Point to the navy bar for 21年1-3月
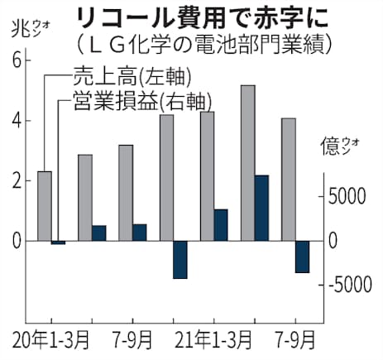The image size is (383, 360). (221, 224)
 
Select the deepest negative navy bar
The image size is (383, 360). (180, 259)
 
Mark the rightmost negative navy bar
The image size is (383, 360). (302, 257)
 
